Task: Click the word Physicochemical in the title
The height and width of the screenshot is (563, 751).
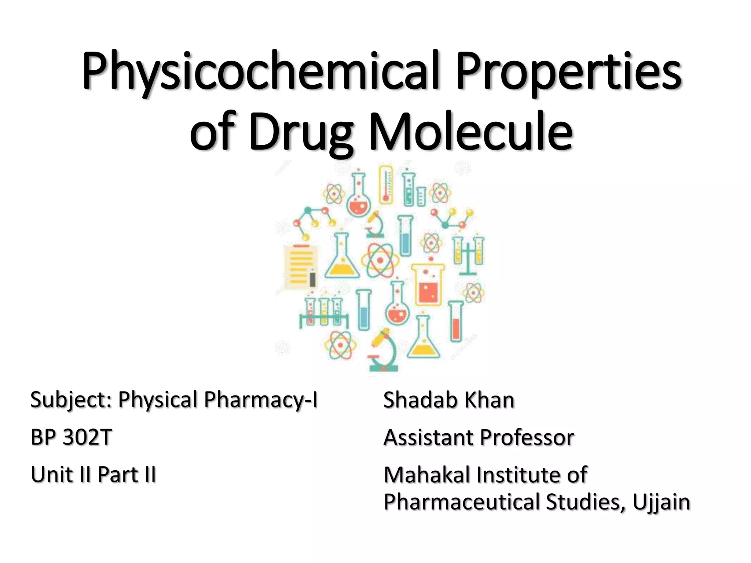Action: click(x=260, y=71)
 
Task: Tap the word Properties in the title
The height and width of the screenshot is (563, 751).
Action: click(x=568, y=71)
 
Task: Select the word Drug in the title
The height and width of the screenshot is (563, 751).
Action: click(x=301, y=132)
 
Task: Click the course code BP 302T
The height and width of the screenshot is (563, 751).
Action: click(x=71, y=437)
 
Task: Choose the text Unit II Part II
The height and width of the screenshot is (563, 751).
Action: click(x=94, y=474)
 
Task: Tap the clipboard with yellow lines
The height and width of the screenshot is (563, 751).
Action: click(x=301, y=266)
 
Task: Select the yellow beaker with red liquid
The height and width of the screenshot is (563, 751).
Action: click(x=428, y=284)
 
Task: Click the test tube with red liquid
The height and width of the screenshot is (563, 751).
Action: click(x=456, y=321)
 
